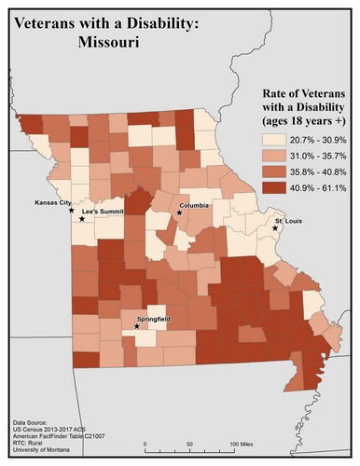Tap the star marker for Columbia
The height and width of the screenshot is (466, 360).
pyautogui.click(x=179, y=212)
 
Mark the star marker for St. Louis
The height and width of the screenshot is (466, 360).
pyautogui.click(x=275, y=228)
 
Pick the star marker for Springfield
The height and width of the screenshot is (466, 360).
pyautogui.click(x=137, y=326)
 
